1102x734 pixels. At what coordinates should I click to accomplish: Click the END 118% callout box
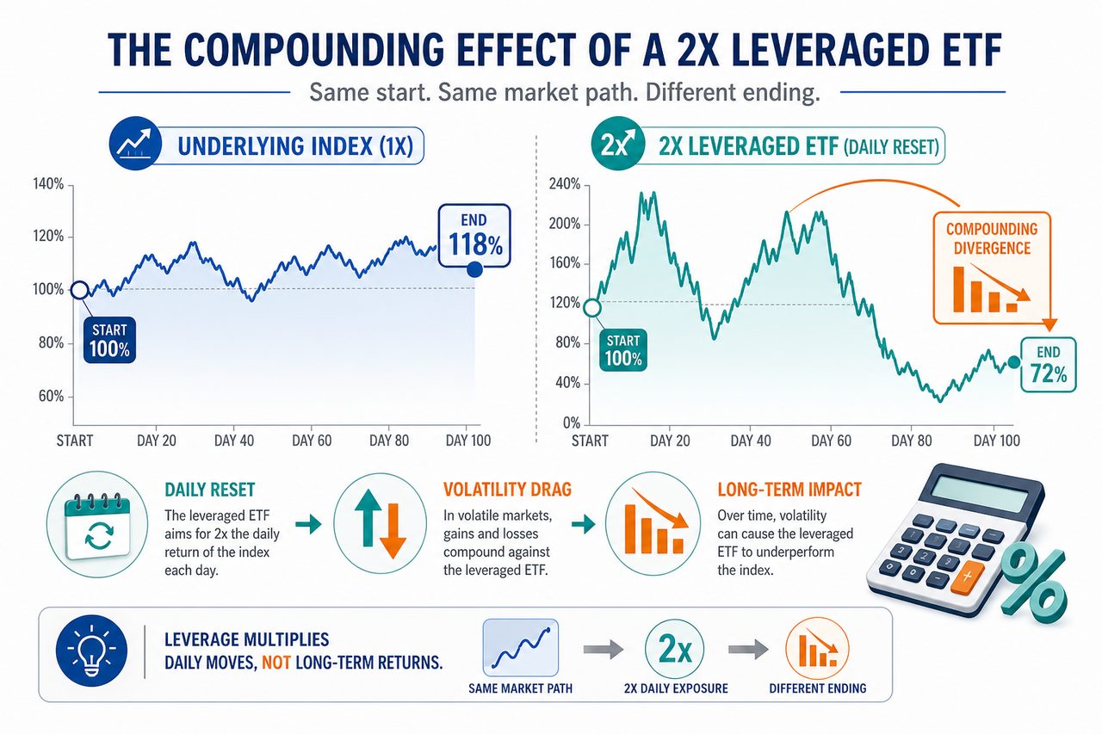[474, 236]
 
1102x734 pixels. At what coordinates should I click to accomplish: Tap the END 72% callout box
[1049, 365]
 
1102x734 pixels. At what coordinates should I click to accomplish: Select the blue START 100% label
[109, 340]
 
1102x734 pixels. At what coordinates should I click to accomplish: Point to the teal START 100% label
[623, 350]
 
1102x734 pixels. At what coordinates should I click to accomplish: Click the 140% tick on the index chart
[48, 184]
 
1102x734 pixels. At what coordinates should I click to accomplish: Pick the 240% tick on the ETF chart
[565, 184]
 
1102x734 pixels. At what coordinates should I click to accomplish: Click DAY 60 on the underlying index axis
[312, 441]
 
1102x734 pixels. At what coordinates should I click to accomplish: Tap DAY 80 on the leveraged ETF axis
[912, 441]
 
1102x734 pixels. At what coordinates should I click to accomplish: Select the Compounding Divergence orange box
[992, 268]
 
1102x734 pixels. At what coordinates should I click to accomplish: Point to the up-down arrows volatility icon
[381, 524]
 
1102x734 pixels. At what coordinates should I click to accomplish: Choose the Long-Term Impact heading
[789, 490]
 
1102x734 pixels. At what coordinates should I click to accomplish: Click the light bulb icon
[92, 651]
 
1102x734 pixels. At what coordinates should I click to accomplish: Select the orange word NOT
[276, 663]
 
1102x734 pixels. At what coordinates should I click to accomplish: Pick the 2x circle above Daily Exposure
[674, 650]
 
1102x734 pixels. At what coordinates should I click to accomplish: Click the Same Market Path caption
[521, 688]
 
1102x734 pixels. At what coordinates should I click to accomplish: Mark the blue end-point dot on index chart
[474, 269]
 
